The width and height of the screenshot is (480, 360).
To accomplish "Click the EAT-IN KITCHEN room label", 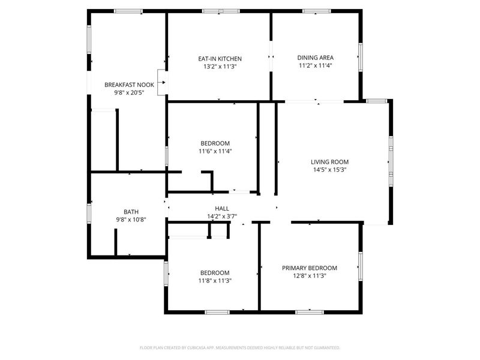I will click(x=220, y=59).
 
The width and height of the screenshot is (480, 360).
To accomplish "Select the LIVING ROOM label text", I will click(x=329, y=161).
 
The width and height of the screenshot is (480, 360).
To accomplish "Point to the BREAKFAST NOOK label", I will click(x=129, y=85).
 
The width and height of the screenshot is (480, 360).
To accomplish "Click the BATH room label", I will click(x=131, y=212).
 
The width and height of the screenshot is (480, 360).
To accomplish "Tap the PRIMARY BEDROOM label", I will click(x=310, y=268).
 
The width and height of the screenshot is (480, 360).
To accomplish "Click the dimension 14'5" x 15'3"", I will click(x=329, y=170).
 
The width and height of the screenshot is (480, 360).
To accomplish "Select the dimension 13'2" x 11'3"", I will click(x=220, y=67).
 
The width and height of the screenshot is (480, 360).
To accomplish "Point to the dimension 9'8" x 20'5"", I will click(x=129, y=93).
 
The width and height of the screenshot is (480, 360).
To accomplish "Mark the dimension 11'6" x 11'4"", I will click(x=215, y=151).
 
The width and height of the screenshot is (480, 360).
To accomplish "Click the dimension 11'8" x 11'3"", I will click(x=215, y=280).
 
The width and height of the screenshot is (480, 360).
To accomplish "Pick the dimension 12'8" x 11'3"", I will click(x=310, y=277).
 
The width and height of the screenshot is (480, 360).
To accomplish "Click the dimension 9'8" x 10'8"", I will click(x=131, y=220).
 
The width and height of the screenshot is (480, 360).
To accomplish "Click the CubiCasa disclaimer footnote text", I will click(x=240, y=347).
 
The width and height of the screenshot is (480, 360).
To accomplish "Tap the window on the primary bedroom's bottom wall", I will click(x=310, y=312).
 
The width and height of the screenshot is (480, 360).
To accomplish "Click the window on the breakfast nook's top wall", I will click(x=128, y=11).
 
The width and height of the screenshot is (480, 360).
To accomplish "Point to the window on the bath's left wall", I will click(x=89, y=212).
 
